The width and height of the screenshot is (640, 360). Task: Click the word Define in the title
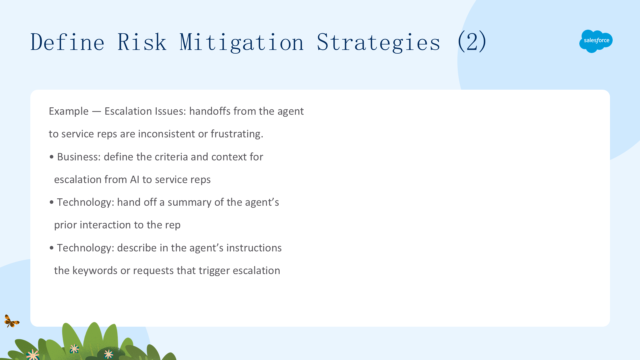click(x=67, y=42)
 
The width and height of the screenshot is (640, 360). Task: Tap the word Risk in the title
click(x=142, y=42)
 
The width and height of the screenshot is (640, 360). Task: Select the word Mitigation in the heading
click(x=242, y=42)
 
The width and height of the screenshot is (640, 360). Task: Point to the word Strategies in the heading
click(x=379, y=42)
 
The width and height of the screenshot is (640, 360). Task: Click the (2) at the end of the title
click(x=472, y=41)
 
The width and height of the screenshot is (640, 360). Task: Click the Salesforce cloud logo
click(x=596, y=41)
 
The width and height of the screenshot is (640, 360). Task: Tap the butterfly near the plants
click(x=12, y=321)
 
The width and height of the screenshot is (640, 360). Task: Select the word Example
click(x=69, y=111)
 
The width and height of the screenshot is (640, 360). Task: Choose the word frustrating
click(x=237, y=134)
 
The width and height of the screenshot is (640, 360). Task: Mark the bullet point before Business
click(x=51, y=157)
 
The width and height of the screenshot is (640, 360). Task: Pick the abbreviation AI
click(x=135, y=179)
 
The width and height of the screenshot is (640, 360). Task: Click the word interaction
click(x=105, y=225)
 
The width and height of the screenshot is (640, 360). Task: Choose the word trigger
click(x=214, y=271)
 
